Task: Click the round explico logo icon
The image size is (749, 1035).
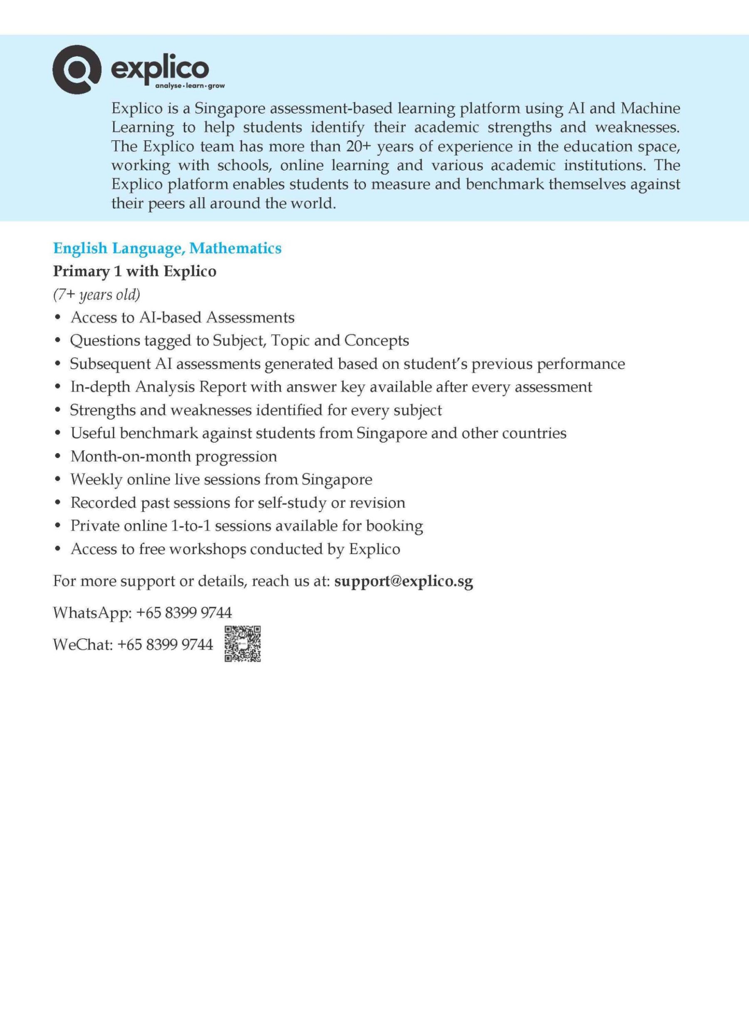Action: pos(76,69)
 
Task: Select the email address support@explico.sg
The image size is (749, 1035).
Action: pos(404,581)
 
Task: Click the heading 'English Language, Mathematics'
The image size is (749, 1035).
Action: pos(167,248)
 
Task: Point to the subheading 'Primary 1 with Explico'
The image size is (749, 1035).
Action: pos(135,271)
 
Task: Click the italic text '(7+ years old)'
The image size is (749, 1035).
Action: pos(96,295)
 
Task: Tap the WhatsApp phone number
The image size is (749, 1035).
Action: pos(184,613)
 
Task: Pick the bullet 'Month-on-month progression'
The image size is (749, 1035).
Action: pos(174,457)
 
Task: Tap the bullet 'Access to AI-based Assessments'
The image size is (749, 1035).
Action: pos(182,318)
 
